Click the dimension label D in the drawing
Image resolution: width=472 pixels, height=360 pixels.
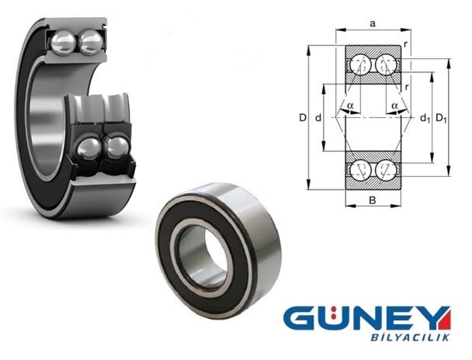pos(303,118)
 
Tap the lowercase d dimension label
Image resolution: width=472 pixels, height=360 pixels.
pos(318,118)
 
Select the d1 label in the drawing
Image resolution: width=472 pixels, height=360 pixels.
pos(425,118)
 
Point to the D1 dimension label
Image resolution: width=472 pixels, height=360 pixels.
pos(441,118)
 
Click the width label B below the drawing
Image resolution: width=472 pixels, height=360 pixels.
pos(373,200)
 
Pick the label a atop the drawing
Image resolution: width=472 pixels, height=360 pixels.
pos(373,23)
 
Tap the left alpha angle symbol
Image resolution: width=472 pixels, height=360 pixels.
pos(350,106)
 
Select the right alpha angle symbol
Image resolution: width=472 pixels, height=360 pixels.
pos(395,106)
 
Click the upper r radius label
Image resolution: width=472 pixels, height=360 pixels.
pos(406,44)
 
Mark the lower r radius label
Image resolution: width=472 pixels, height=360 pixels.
pos(407,87)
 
